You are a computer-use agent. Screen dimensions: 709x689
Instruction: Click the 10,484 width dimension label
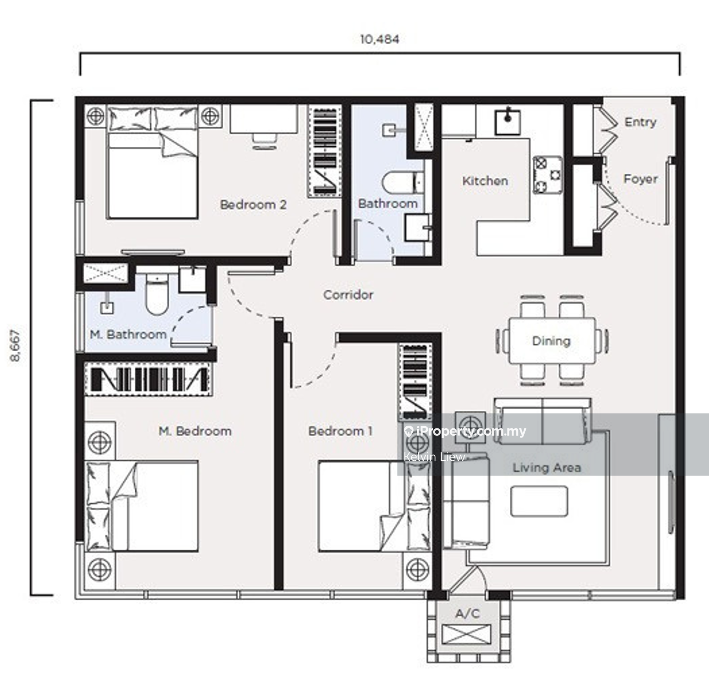(380, 39)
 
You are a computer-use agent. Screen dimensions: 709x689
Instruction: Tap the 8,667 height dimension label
(16, 345)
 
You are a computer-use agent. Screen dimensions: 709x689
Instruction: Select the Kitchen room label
(485, 180)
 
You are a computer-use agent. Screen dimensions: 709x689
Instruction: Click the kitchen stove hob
(548, 175)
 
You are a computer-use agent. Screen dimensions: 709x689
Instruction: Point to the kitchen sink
(507, 121)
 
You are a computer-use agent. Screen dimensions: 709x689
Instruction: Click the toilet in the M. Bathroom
(157, 294)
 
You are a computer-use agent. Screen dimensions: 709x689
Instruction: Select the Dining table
(552, 341)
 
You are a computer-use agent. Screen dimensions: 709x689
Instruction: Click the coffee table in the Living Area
(539, 501)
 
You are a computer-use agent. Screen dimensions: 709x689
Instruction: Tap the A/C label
(468, 613)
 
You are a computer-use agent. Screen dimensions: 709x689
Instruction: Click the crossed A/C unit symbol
(466, 634)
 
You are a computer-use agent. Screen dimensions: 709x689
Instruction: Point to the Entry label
(640, 122)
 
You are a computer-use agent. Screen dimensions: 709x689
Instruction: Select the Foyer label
(640, 179)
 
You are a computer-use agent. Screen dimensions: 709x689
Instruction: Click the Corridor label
(348, 294)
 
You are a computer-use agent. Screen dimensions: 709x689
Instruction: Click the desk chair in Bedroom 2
(265, 141)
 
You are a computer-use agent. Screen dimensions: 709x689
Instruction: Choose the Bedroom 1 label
(340, 431)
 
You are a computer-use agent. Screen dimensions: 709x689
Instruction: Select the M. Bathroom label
(128, 334)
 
